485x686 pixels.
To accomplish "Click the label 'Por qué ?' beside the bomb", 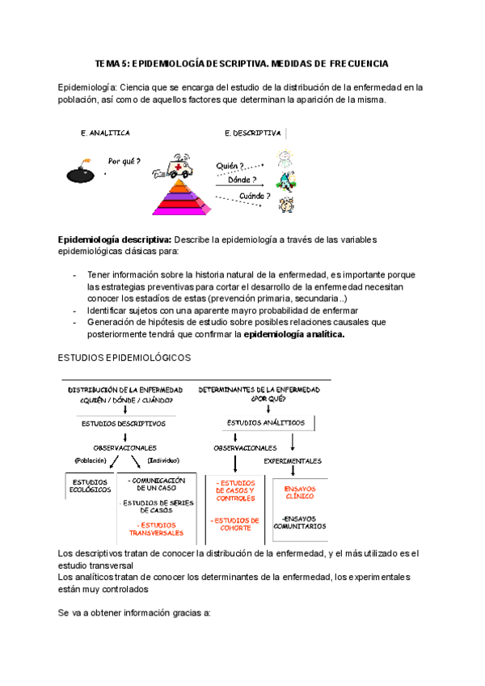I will pos(124,160).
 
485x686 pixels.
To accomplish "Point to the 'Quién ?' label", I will pos(230,166).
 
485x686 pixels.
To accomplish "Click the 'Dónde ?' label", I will pos(242,180).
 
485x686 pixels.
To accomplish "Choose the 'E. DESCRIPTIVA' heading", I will pos(252,133).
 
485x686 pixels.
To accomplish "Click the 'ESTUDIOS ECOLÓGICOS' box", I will pos(91,487).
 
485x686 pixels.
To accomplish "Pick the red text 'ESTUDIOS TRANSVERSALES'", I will pos(157,528).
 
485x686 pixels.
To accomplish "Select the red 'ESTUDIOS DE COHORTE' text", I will pos(236,524).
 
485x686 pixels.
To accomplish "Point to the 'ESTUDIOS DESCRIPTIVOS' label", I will pos(124,423).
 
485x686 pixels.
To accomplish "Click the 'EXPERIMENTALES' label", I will pos(293,461).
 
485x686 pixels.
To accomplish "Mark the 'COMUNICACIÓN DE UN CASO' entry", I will pos(157,484).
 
